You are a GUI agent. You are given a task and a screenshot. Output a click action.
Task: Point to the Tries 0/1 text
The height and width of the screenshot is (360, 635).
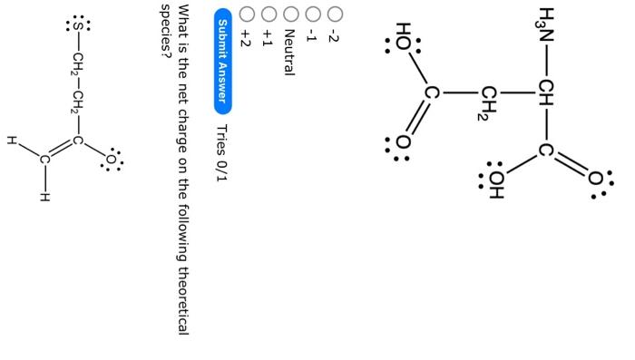pyautogui.click(x=223, y=152)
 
